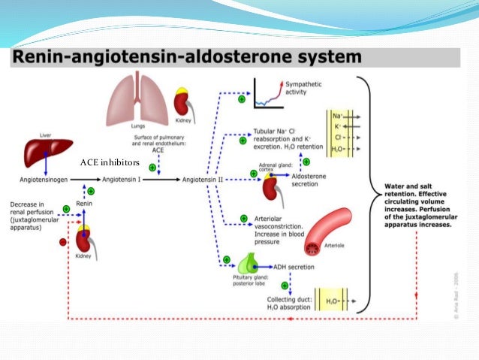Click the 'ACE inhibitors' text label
[109, 162]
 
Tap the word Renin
[85, 202]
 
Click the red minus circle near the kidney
[62, 243]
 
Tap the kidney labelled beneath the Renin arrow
[84, 241]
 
